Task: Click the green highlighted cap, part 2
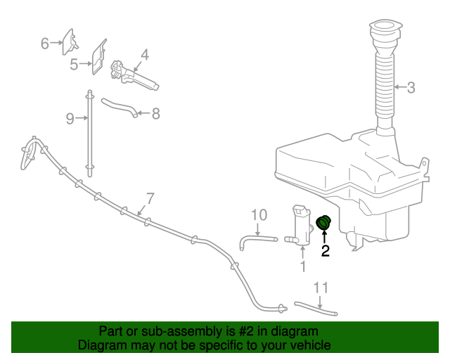(325, 223)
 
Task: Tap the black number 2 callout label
(326, 250)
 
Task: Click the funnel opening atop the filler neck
(384, 29)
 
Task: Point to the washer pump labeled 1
(301, 225)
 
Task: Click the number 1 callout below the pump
(303, 266)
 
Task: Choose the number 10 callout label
(259, 214)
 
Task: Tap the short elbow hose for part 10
(257, 240)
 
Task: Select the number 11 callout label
(321, 287)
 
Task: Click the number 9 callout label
(69, 119)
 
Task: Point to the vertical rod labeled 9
(89, 134)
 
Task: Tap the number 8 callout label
(156, 112)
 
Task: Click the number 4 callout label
(144, 54)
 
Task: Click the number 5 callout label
(74, 65)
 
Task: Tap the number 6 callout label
(44, 44)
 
